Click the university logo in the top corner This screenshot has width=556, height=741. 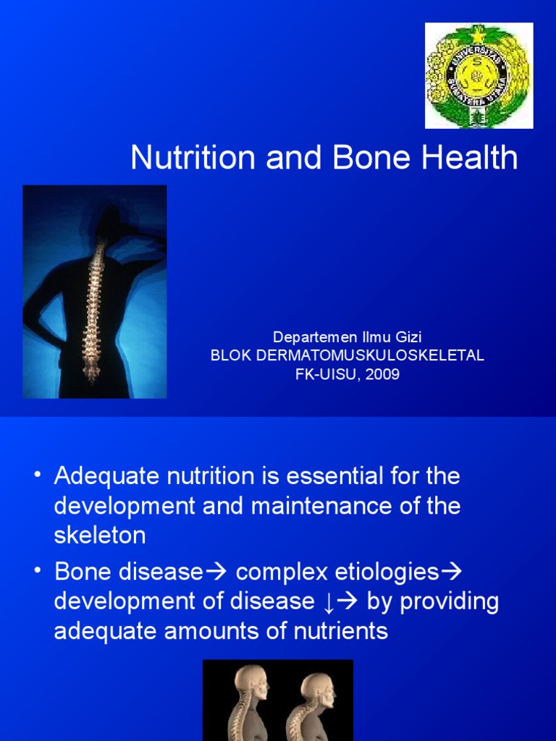[479, 75]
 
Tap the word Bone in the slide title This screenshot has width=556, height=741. [375, 158]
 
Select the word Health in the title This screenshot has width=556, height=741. [473, 158]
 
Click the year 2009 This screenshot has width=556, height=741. [384, 374]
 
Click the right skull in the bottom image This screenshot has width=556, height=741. [319, 690]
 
